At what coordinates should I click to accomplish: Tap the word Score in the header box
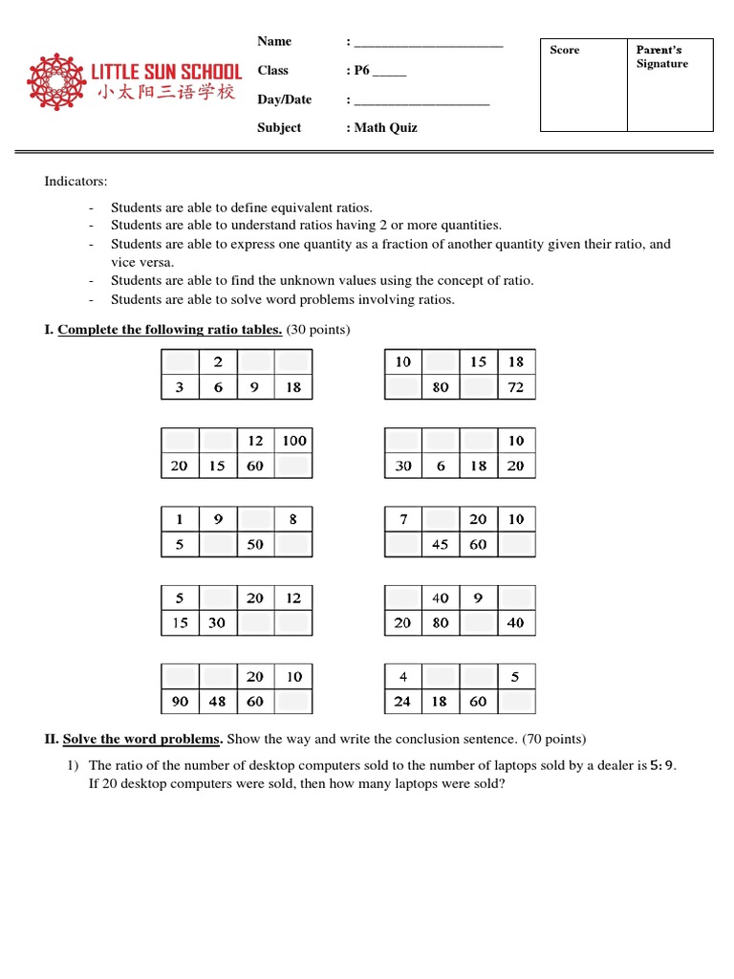pos(565,50)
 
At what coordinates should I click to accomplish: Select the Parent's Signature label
pos(661,56)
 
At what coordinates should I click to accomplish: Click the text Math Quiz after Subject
pos(385,127)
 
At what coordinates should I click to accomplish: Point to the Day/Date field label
pos(284,99)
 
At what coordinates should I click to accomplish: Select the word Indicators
pos(76,181)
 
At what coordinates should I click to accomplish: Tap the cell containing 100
pos(293,441)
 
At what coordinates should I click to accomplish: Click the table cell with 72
pos(516,387)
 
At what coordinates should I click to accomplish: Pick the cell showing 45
pos(441,544)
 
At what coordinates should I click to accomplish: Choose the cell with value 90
pos(180,701)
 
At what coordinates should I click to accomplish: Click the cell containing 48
pos(217,701)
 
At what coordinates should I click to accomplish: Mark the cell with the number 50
pos(255,544)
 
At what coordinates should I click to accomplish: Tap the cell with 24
pos(402,701)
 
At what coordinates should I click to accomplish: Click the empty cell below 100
pos(293,466)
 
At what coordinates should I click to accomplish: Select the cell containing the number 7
pos(402,519)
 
